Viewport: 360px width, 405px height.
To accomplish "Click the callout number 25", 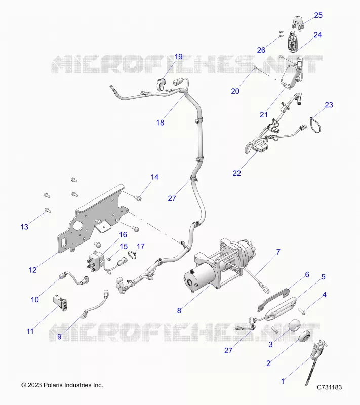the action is [x=318, y=15].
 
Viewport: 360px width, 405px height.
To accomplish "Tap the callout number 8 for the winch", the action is [x=179, y=310].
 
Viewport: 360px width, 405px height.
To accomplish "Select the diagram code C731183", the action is [x=329, y=387].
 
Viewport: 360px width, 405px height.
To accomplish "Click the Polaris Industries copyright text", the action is [x=62, y=385].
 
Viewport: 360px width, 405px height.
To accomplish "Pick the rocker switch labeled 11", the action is [x=60, y=302].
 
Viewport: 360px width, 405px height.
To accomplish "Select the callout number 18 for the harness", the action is [x=160, y=123].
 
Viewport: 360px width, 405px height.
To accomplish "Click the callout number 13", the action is [x=24, y=227].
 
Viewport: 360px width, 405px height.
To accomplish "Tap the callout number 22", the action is [x=237, y=173].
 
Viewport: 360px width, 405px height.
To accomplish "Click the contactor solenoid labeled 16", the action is [x=96, y=262].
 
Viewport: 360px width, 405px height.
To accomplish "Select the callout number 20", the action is [x=235, y=91].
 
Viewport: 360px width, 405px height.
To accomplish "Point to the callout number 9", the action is [x=59, y=337].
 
